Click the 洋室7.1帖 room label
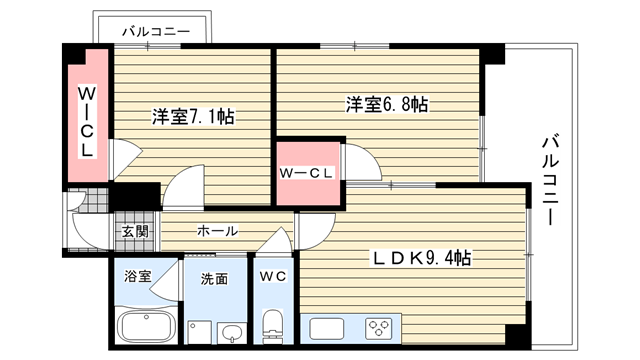pyautogui.click(x=193, y=116)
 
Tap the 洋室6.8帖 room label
pyautogui.click(x=387, y=104)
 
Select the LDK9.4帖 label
pyautogui.click(x=422, y=258)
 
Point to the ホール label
pyautogui.click(x=218, y=231)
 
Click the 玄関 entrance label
pyautogui.click(x=135, y=231)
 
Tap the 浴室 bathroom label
pyautogui.click(x=138, y=276)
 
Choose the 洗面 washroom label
pyautogui.click(x=214, y=279)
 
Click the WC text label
pyautogui.click(x=273, y=277)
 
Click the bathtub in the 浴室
pyautogui.click(x=146, y=326)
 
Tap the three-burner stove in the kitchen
pyautogui.click(x=380, y=328)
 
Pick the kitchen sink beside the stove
pyautogui.click(x=327, y=329)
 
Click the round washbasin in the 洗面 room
pyautogui.click(x=232, y=332)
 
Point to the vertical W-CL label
pyautogui.click(x=87, y=122)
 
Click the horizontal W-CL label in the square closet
pyautogui.click(x=306, y=173)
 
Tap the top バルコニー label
pyautogui.click(x=156, y=31)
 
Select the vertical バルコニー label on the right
pyautogui.click(x=550, y=180)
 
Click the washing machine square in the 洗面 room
pyautogui.click(x=200, y=332)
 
